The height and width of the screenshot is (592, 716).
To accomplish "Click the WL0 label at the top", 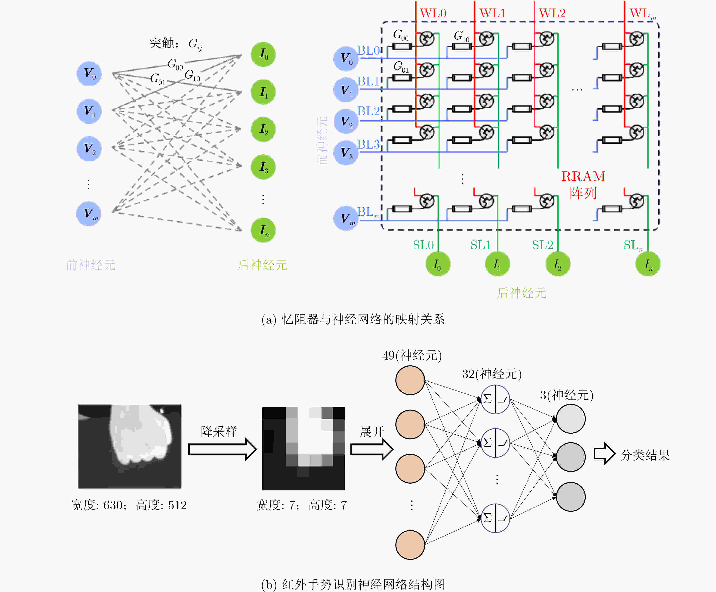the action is [x=433, y=13].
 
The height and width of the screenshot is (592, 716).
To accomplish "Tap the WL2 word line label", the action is [x=552, y=13].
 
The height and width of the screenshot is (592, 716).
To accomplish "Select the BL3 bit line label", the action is [x=368, y=144].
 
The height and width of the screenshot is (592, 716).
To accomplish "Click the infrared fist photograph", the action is [x=130, y=446].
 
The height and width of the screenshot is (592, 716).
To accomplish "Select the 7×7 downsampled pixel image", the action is [x=303, y=448].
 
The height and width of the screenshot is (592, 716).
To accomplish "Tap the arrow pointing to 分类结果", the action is [x=604, y=454].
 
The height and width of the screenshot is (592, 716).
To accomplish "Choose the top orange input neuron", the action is [x=410, y=380].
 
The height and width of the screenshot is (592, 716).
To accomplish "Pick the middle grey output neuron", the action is [x=571, y=457].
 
